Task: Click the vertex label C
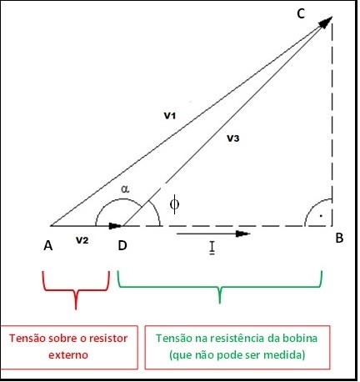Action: pos(301,13)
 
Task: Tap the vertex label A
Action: pos(48,246)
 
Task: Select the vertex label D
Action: pos(122,245)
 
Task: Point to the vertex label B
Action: pos(339,238)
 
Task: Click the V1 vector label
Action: pos(170,116)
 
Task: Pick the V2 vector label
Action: pos(82,240)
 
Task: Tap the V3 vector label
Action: pos(232,138)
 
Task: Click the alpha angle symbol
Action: pos(125,189)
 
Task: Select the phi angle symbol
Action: pos(174,204)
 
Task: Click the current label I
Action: pos(212,248)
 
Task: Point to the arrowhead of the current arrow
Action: pos(242,234)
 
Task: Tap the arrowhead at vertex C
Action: pos(325,23)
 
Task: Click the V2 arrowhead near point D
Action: pos(115,226)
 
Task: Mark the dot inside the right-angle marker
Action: pos(321,216)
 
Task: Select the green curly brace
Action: pos(220,288)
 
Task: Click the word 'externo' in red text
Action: pos(68,355)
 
